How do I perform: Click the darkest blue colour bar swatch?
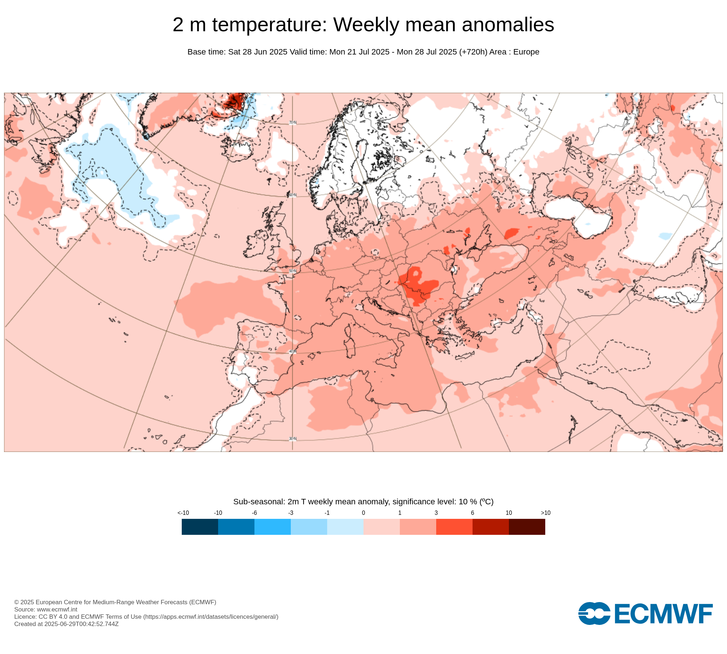(x=200, y=526)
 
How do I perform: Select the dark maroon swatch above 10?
(x=527, y=526)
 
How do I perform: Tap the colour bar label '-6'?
(x=254, y=513)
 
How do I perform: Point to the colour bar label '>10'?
(x=545, y=513)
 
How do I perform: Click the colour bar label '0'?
(x=363, y=513)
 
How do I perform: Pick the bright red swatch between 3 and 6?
(x=454, y=526)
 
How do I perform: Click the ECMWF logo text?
(x=663, y=614)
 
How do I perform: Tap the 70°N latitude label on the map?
(x=293, y=123)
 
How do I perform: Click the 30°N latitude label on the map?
(x=293, y=439)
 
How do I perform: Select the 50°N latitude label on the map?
(x=293, y=271)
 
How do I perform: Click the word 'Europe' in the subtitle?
(x=526, y=52)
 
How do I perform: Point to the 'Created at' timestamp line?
(x=67, y=624)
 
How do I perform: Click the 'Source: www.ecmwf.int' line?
(x=46, y=609)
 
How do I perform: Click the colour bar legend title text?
(x=363, y=502)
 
